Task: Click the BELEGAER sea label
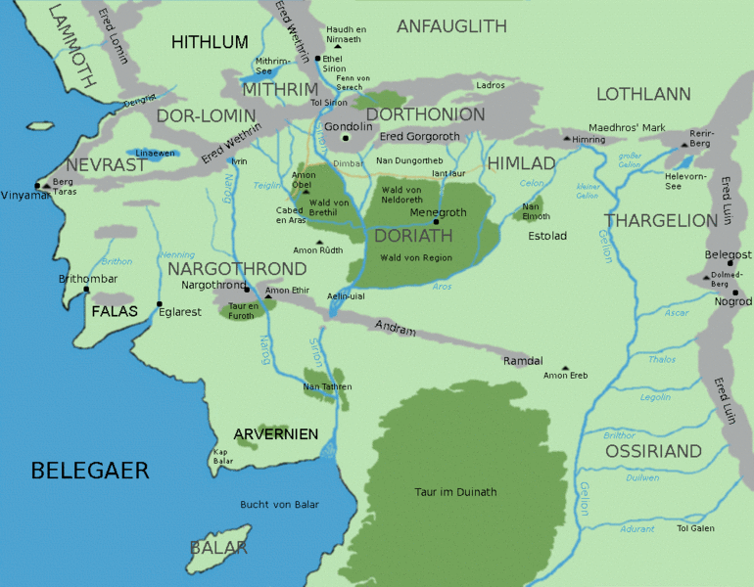pos(90,471)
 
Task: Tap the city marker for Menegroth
pos(437,222)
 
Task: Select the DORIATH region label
pos(413,236)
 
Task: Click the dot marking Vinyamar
pos(37,185)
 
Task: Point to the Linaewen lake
pos(147,154)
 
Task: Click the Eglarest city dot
pos(159,304)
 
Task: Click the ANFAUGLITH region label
pos(451,26)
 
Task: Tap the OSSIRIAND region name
pos(653,451)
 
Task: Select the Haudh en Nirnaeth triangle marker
pos(337,45)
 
